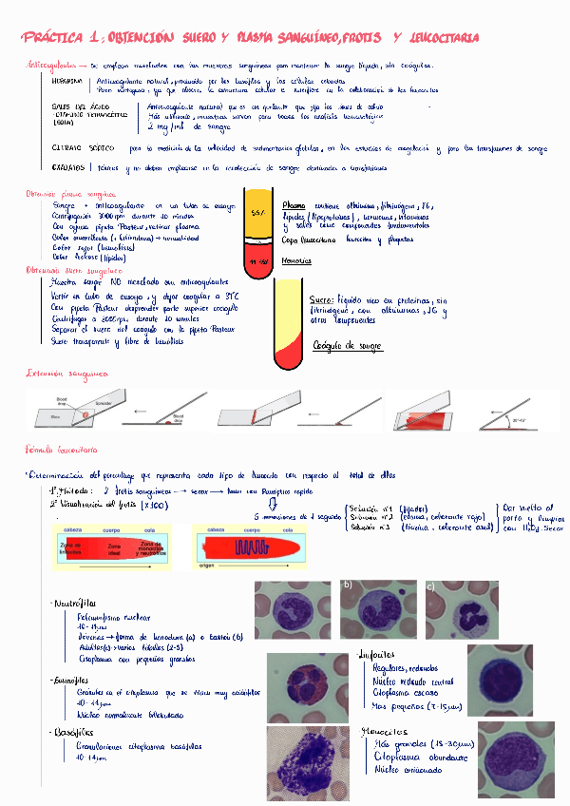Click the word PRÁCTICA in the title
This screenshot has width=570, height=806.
pyautogui.click(x=53, y=38)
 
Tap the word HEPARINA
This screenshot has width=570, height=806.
pyautogui.click(x=67, y=83)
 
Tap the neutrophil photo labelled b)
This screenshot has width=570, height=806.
pyautogui.click(x=378, y=609)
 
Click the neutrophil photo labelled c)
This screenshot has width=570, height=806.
pyautogui.click(x=462, y=609)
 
